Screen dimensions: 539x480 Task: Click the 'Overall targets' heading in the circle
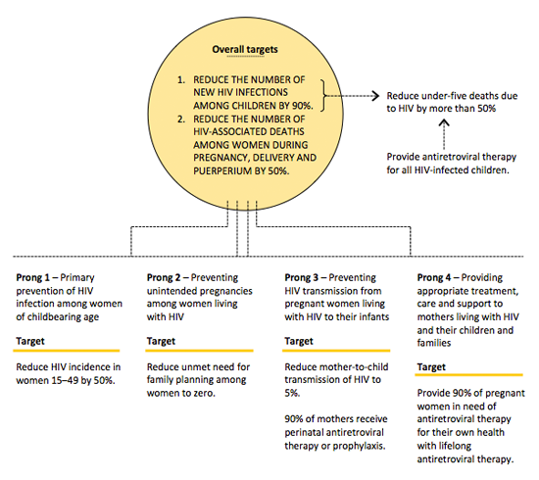pos(245,50)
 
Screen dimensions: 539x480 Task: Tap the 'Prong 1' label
pos(32,277)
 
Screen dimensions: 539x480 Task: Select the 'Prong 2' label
pos(164,277)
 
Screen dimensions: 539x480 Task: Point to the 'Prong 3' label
pos(302,277)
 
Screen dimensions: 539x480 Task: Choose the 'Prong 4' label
pos(434,277)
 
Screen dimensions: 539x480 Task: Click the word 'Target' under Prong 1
pos(30,341)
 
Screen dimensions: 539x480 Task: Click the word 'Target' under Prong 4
pos(431,367)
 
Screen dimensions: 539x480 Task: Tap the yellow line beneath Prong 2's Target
pos(199,351)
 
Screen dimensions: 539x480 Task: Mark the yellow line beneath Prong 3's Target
pos(336,351)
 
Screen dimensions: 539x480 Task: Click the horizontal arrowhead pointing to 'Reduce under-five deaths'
pos(375,96)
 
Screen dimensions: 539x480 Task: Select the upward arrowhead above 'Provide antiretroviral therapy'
pos(444,122)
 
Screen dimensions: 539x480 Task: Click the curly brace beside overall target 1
pos(322,96)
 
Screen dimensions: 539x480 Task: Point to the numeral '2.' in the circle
pos(181,120)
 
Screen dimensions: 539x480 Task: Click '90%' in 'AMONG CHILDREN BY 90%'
pos(303,106)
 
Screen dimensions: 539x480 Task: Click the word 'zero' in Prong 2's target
pos(204,393)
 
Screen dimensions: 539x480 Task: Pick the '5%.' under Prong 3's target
pos(292,393)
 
